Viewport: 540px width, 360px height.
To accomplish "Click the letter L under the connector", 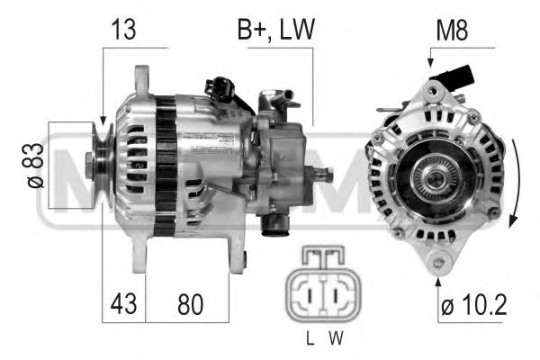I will (x=309, y=339).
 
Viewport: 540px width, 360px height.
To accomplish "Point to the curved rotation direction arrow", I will (x=514, y=184).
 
